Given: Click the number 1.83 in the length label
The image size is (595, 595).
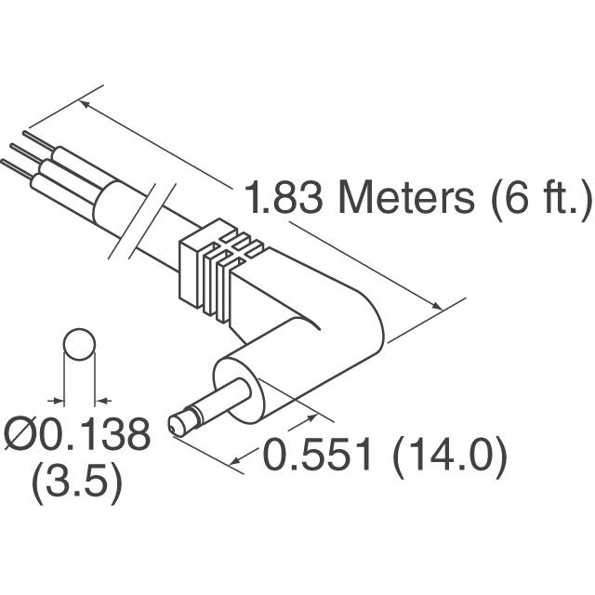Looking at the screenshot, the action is tap(284, 198).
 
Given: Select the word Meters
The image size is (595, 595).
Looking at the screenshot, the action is tap(407, 198).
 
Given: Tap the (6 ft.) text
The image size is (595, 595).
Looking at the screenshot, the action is tap(541, 199).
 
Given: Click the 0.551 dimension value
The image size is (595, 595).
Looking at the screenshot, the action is tap(317, 454).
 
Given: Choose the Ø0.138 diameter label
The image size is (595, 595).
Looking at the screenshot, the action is tap(76, 434).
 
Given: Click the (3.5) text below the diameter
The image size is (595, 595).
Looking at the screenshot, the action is tap(77, 484).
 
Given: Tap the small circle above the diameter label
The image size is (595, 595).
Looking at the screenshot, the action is tap(79, 344).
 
